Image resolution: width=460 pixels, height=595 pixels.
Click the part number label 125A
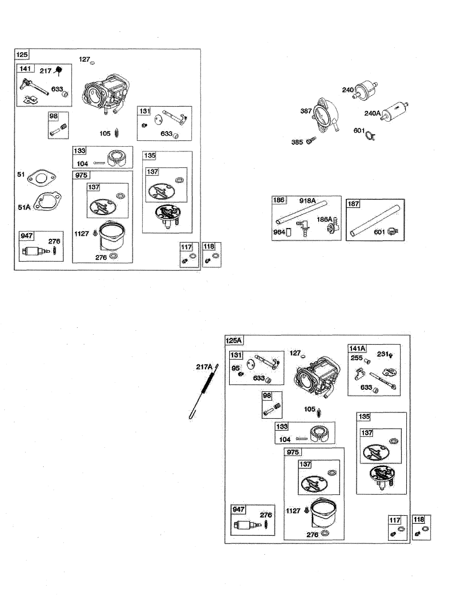click(x=234, y=341)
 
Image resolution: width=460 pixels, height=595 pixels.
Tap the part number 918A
click(x=307, y=201)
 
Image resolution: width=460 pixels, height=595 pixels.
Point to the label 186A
click(x=324, y=219)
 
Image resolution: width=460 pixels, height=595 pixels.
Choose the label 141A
click(x=357, y=349)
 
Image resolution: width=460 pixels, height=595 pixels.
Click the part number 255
click(x=356, y=358)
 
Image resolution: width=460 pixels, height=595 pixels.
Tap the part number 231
click(x=383, y=354)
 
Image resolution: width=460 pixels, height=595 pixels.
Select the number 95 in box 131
click(x=235, y=368)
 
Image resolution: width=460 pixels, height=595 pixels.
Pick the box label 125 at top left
click(x=22, y=54)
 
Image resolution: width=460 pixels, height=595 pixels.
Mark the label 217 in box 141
click(x=45, y=71)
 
